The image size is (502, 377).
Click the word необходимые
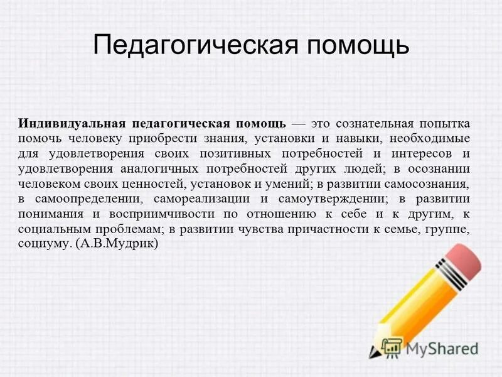[429, 138]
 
